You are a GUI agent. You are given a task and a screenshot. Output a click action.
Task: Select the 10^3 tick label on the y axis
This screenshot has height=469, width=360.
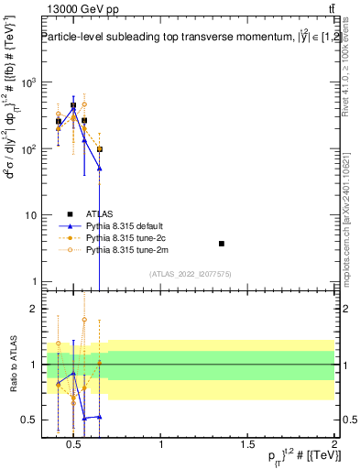click(x=27, y=82)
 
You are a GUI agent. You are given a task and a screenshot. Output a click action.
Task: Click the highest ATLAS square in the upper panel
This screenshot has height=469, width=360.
click(x=73, y=105)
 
